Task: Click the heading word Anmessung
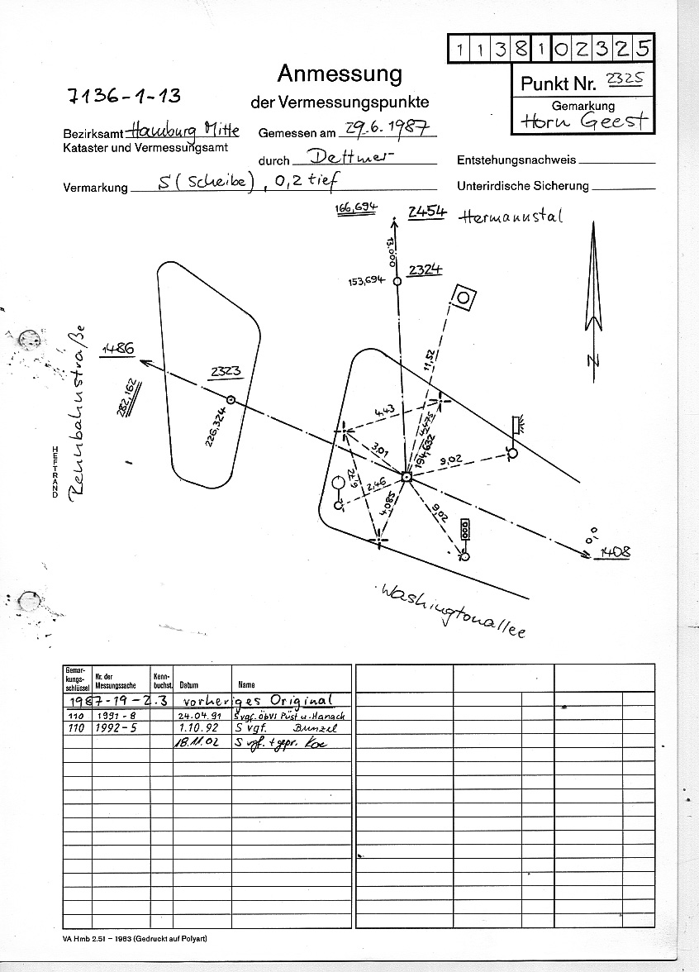pyautogui.click(x=340, y=74)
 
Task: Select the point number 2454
pyautogui.click(x=426, y=212)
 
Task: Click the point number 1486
pyautogui.click(x=117, y=350)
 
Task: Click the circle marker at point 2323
pyautogui.click(x=231, y=400)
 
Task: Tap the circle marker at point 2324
pyautogui.click(x=397, y=282)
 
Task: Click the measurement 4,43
pyautogui.click(x=384, y=410)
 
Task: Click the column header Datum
pyautogui.click(x=188, y=684)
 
